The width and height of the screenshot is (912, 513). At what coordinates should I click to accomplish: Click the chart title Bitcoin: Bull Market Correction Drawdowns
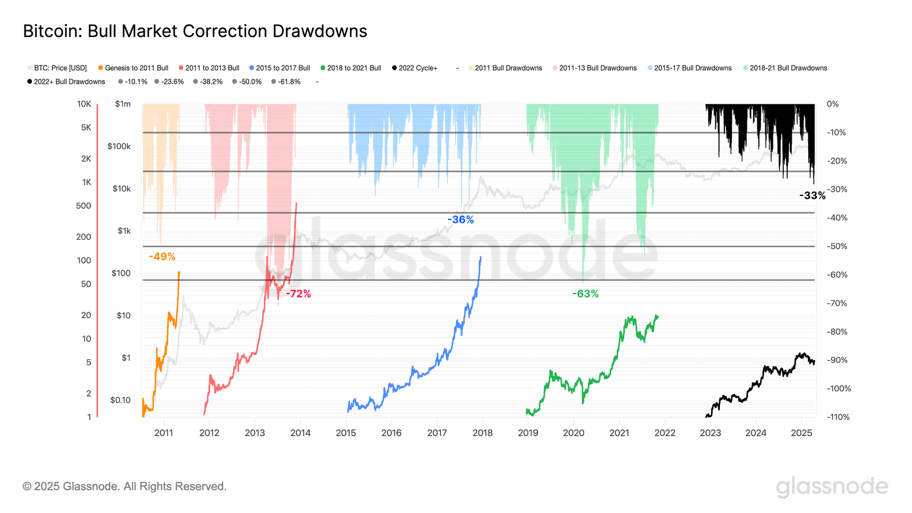click(195, 31)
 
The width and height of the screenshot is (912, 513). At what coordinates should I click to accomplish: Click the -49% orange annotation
click(162, 256)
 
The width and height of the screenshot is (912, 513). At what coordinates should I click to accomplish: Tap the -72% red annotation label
click(299, 294)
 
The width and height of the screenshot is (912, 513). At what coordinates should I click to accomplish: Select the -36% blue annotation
click(461, 219)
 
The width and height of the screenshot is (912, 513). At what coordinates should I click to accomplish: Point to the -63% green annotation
click(585, 294)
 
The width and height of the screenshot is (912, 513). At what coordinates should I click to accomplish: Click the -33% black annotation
click(812, 196)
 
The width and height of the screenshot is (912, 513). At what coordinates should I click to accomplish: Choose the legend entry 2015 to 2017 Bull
click(283, 68)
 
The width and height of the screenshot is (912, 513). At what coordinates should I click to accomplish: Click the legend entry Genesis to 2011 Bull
click(136, 68)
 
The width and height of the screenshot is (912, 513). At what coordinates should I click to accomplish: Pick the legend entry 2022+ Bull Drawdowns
click(69, 82)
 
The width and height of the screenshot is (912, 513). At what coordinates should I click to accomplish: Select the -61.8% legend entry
click(289, 82)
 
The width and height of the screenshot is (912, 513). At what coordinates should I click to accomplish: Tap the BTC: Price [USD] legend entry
click(60, 68)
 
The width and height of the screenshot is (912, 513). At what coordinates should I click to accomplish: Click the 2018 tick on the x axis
click(483, 433)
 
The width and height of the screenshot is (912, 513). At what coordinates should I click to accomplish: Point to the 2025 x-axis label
click(801, 433)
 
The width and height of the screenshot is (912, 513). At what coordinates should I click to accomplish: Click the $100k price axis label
click(119, 146)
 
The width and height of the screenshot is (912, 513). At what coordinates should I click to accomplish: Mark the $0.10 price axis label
click(120, 400)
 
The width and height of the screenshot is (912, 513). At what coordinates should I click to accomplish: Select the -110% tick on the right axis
click(838, 417)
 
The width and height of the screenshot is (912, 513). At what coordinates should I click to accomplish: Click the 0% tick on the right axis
click(833, 104)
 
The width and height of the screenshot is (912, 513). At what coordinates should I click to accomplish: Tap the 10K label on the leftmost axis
click(84, 104)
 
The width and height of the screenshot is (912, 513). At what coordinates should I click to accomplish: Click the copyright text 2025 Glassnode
click(124, 486)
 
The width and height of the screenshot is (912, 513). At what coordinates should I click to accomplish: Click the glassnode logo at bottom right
click(832, 486)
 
